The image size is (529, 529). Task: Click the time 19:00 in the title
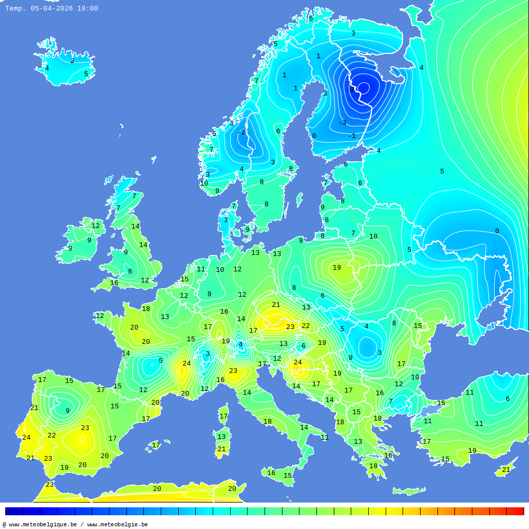87,8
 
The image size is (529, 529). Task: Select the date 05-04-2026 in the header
51,8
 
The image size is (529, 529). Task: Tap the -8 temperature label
350,90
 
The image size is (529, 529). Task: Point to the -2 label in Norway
241,132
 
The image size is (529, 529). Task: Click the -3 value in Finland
342,123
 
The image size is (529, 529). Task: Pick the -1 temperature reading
352,136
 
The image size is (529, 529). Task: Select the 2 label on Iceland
72,61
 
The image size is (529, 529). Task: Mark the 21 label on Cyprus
506,470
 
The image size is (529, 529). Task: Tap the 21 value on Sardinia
222,449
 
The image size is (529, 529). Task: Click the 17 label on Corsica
224,416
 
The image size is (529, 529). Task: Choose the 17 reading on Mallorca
156,445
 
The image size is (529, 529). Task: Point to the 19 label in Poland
337,268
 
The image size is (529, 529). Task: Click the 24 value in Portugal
26,437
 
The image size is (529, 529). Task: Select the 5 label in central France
161,361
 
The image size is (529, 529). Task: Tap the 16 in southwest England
114,283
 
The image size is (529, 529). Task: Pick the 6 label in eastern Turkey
507,399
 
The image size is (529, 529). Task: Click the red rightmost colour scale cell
515,511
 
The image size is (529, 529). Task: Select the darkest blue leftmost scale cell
14,511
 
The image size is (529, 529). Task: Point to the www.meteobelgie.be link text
117,525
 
